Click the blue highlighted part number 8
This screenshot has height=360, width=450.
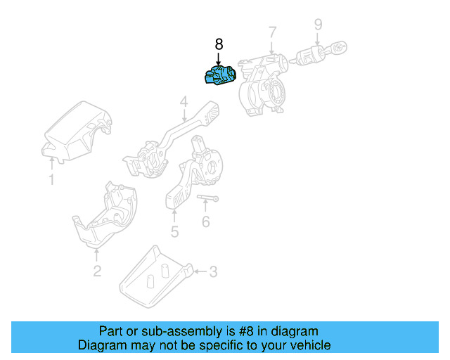(x=221, y=75)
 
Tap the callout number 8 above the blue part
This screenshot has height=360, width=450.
(x=218, y=44)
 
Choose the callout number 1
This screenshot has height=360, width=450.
(x=51, y=180)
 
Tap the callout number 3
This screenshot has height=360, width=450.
(x=213, y=270)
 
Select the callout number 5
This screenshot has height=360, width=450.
(x=174, y=231)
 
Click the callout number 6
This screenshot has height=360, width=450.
(x=205, y=222)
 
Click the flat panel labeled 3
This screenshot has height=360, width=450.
(x=151, y=278)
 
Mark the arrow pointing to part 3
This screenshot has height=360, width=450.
(x=200, y=270)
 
